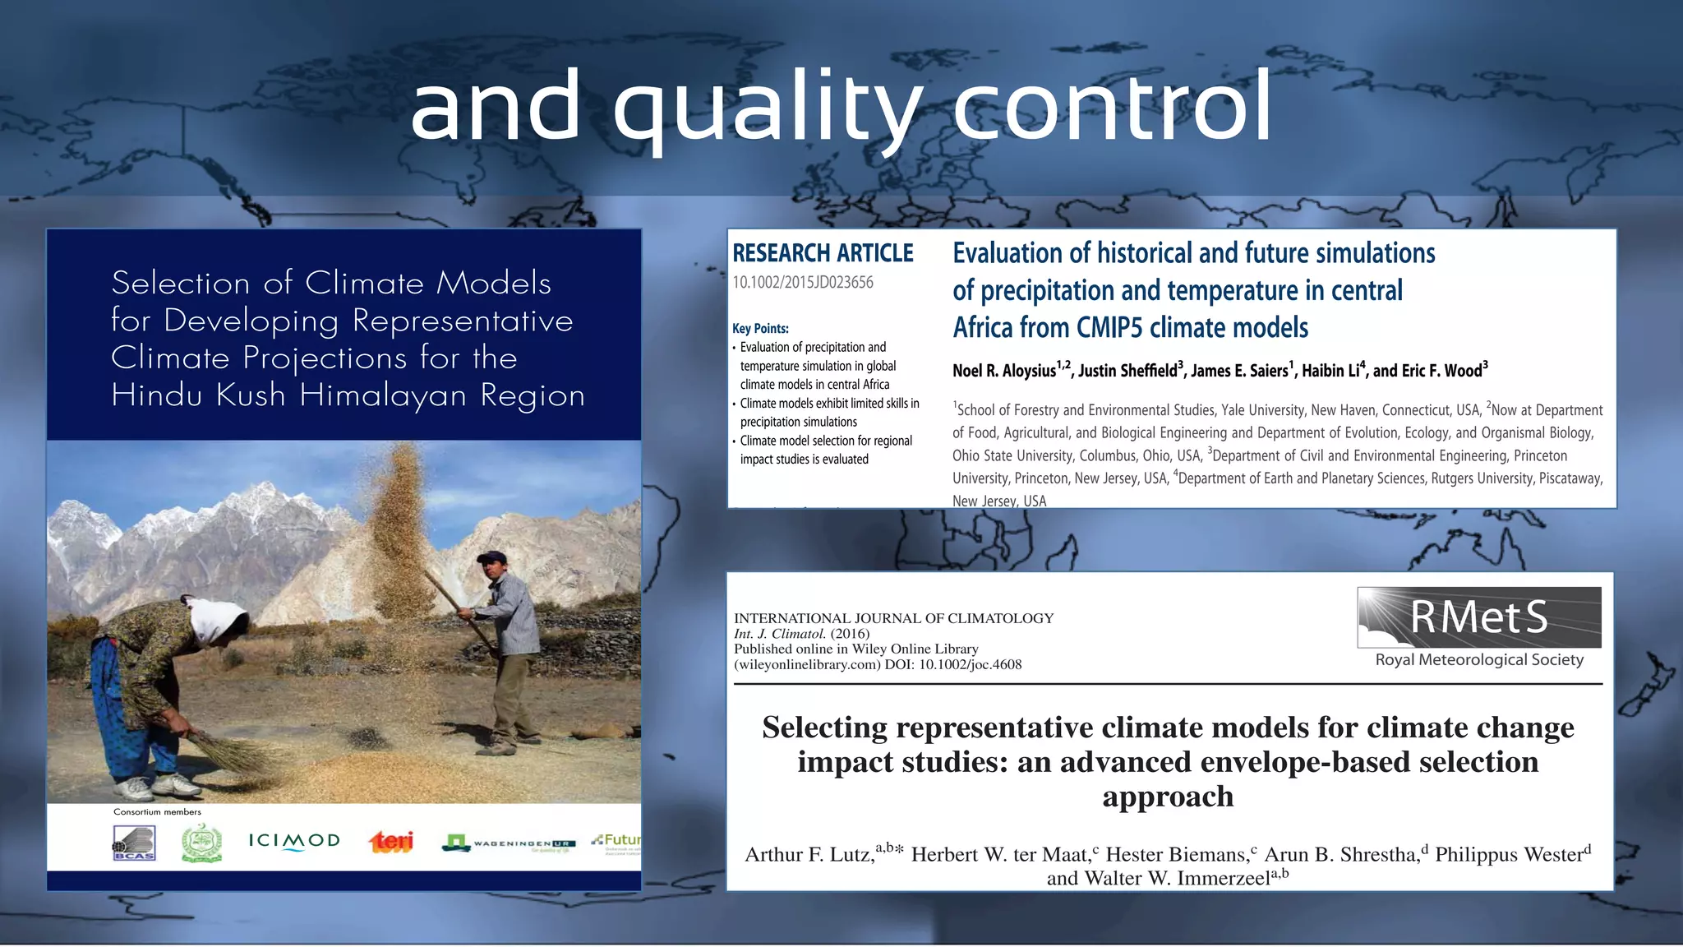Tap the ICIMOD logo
click(294, 841)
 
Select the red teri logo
click(391, 841)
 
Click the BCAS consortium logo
click(134, 843)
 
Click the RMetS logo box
click(1478, 617)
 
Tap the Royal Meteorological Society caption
click(1478, 660)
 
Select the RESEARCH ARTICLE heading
click(823, 253)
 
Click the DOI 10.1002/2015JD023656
click(802, 283)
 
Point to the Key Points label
click(760, 328)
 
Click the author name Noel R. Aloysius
click(1003, 371)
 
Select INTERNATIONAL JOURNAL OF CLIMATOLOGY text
click(893, 618)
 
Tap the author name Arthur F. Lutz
click(809, 855)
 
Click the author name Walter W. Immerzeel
click(1158, 879)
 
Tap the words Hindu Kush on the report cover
click(198, 395)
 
